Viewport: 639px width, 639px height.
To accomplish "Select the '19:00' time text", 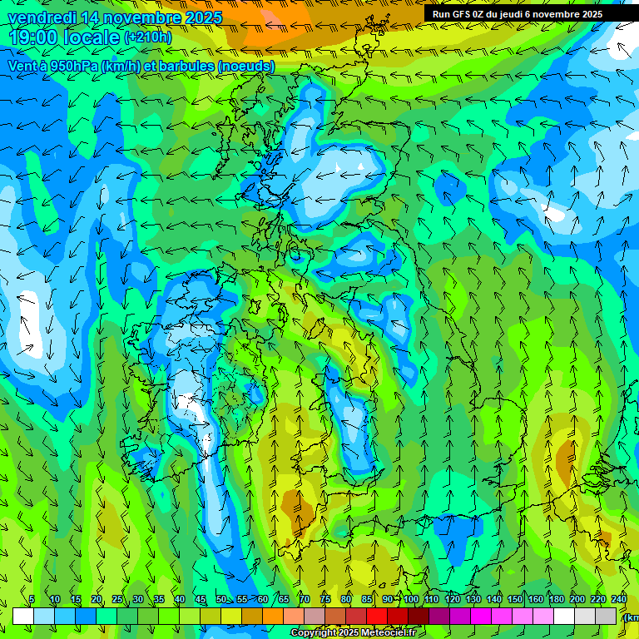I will coord(35,37).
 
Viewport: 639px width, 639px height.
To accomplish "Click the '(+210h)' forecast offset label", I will coord(148,37).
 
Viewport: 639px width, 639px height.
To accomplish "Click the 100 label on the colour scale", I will coord(411,599).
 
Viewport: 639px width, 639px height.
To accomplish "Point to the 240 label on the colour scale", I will coord(619,599).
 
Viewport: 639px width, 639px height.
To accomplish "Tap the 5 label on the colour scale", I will coord(32,599).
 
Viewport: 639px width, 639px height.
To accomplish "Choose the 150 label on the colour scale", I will coord(515,599).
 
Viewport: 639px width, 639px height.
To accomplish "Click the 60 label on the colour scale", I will coord(263,599).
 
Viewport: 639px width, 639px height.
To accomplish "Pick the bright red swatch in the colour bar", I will coord(377,616).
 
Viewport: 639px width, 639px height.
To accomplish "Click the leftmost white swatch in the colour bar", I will coord(23,616).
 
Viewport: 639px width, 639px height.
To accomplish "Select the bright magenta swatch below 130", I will coord(481,616).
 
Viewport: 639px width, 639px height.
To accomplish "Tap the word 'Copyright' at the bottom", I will coord(315,633).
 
